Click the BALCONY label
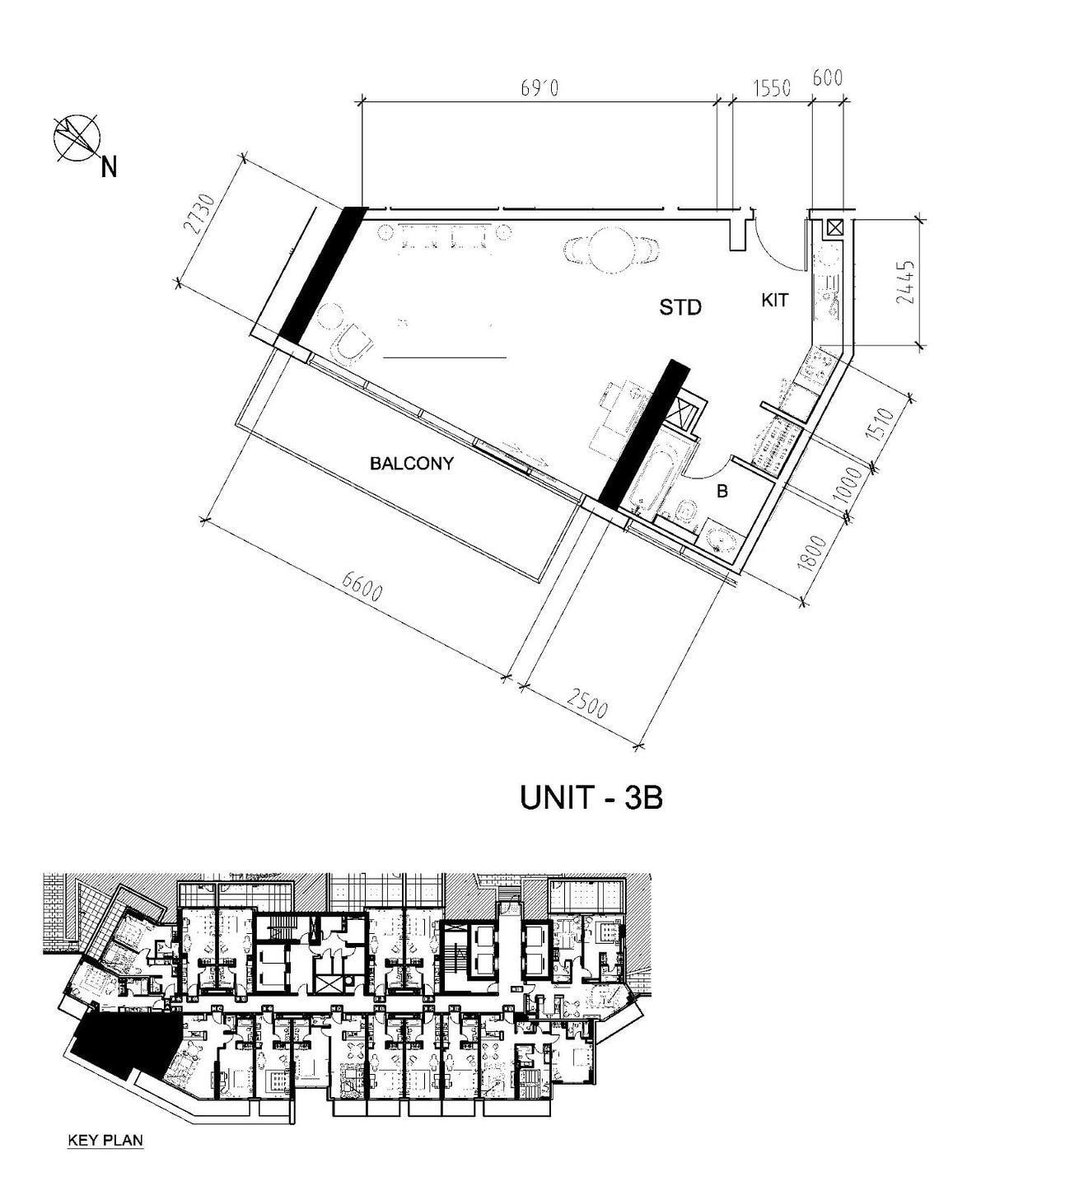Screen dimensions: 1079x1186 [x=412, y=464]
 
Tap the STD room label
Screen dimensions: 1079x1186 [x=680, y=307]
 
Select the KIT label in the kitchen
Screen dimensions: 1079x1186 [x=774, y=301]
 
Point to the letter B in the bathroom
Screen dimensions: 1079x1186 [x=722, y=491]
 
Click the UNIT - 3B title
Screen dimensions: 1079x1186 [x=591, y=797]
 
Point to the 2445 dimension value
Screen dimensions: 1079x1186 [x=905, y=282]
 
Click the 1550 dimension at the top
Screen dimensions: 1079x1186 [x=772, y=88]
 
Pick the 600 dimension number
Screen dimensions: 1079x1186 [x=827, y=77]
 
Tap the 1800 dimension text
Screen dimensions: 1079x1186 [x=812, y=553]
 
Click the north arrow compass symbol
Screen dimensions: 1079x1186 [x=77, y=138]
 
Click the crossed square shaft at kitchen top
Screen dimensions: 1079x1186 [x=834, y=227]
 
